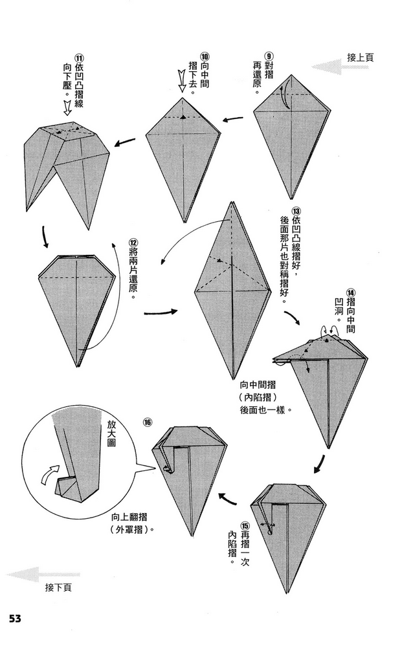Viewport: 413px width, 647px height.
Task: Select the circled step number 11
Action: pyautogui.click(x=79, y=56)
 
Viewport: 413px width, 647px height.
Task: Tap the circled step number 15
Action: pyautogui.click(x=245, y=525)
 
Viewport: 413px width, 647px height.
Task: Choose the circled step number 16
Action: pyautogui.click(x=148, y=422)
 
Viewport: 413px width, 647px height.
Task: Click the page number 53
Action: pyautogui.click(x=15, y=618)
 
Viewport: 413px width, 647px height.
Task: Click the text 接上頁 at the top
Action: pyautogui.click(x=360, y=57)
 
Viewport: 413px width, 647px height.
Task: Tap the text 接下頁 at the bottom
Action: pyautogui.click(x=58, y=587)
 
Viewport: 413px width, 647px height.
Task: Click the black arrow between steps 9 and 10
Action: pyautogui.click(x=234, y=118)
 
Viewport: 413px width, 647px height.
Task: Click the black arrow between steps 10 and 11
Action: pyautogui.click(x=126, y=142)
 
